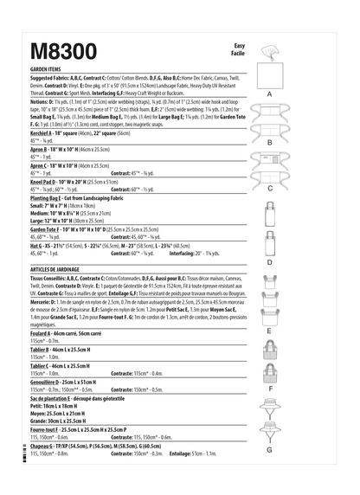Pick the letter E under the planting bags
(269, 331)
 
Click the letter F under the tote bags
(269, 389)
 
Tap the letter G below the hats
(269, 449)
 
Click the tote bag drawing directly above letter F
(269, 368)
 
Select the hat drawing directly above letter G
(269, 428)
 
